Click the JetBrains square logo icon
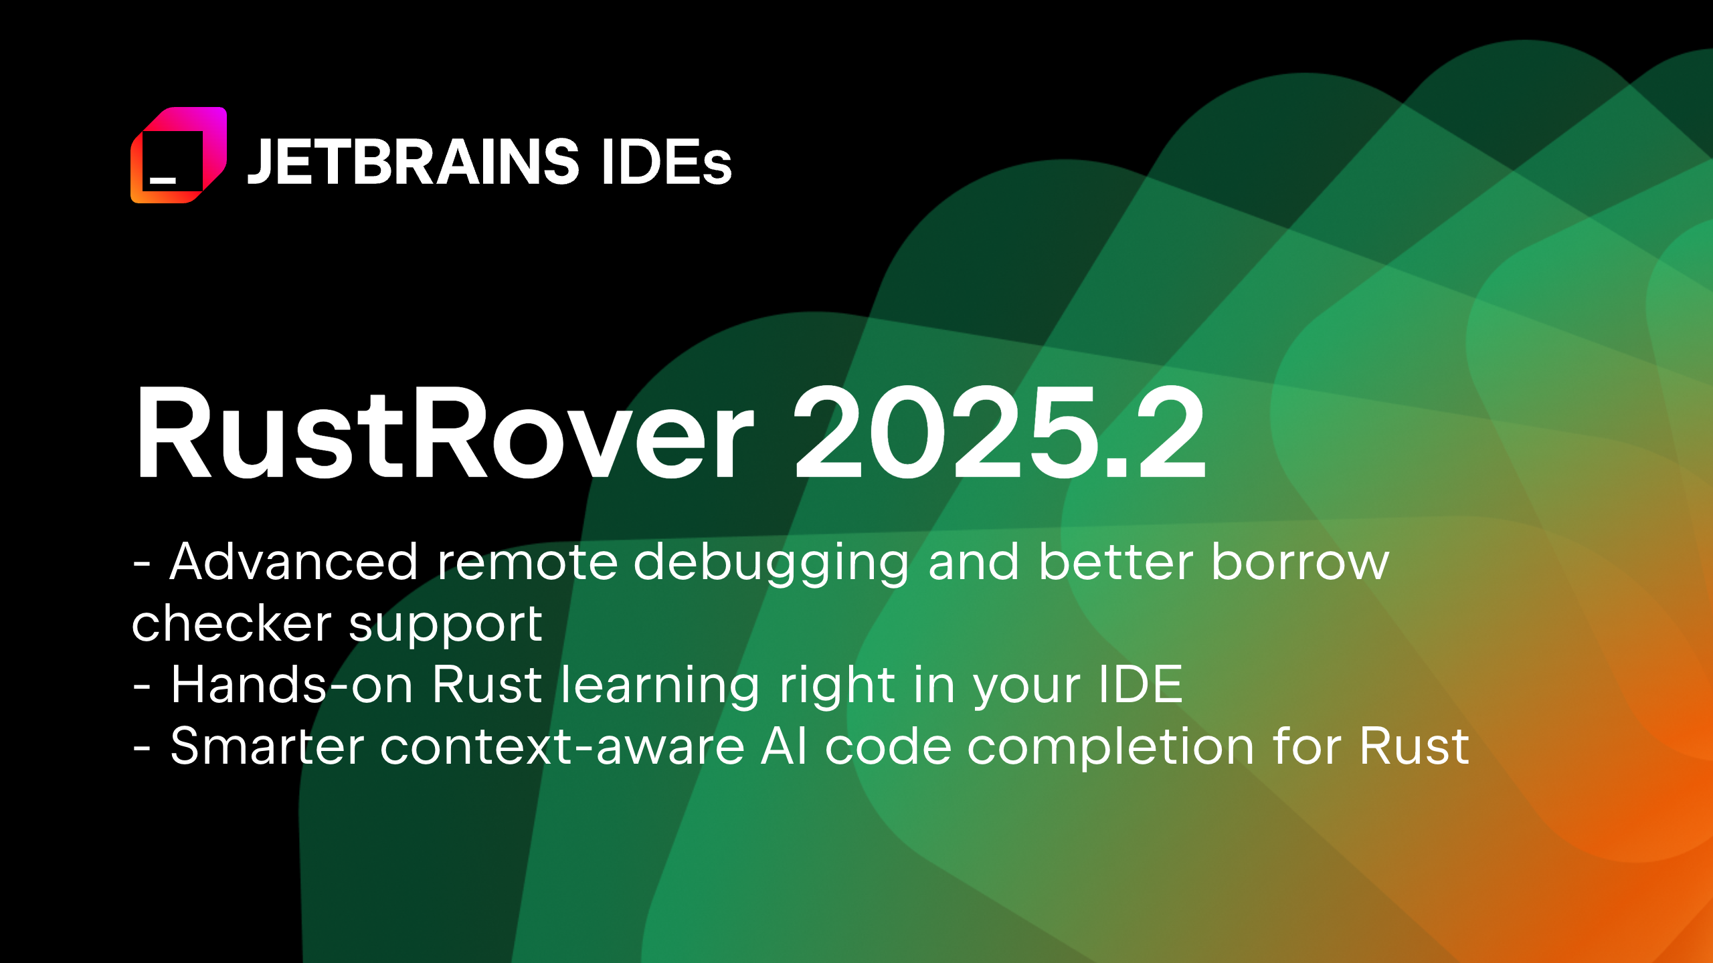179,154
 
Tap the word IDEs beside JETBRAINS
666,161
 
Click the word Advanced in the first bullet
294,562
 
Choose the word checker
232,623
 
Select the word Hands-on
292,685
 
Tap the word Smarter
267,746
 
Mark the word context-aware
562,746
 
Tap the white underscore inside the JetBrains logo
163,180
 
